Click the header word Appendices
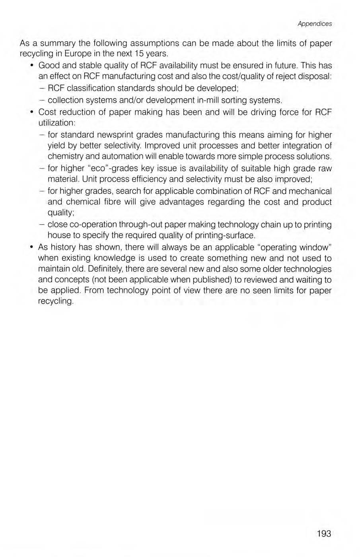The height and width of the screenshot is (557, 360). tap(314, 24)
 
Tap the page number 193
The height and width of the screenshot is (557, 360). tap(324, 534)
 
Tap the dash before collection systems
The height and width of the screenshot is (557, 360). tap(42, 99)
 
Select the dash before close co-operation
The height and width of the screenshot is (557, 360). tap(42, 225)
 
